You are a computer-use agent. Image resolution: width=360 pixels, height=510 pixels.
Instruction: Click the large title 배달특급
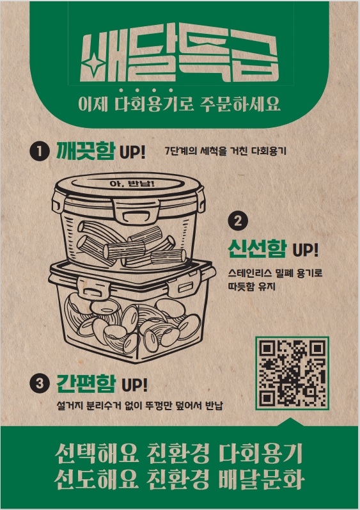coord(180,56)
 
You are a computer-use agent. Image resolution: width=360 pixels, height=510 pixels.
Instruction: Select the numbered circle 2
coord(237,221)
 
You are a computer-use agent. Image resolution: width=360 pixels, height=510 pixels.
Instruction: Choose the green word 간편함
coord(86,384)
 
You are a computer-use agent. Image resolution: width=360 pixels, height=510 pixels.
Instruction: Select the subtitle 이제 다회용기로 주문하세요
coord(180,104)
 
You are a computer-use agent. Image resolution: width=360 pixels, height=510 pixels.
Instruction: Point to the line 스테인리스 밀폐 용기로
coord(275,273)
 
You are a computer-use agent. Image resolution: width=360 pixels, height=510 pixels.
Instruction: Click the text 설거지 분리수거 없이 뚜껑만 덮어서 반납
coord(141,406)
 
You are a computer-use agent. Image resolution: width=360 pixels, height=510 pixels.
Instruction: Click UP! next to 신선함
coord(305,249)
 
